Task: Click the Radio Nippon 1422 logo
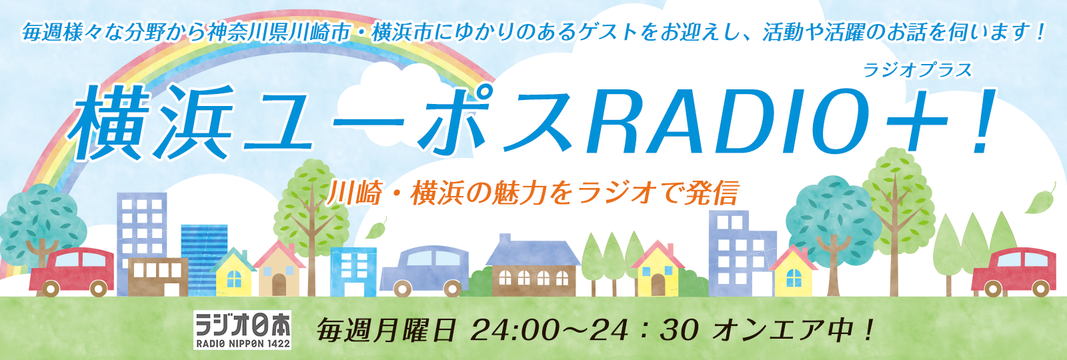coord(243,330)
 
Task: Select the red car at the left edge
coord(71,271)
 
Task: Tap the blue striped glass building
coord(204,259)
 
